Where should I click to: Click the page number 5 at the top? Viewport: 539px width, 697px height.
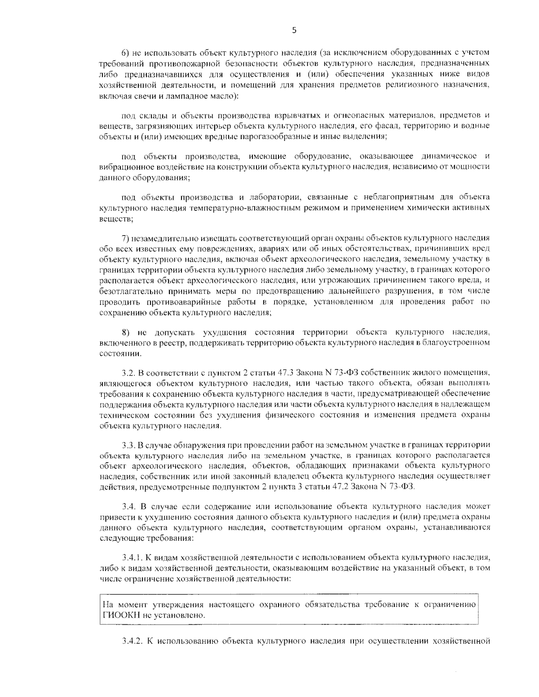click(x=294, y=31)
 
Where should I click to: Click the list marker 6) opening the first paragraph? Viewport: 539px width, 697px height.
click(x=125, y=53)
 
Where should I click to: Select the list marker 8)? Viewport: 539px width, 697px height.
click(x=126, y=333)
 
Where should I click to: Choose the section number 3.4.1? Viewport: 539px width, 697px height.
click(x=132, y=558)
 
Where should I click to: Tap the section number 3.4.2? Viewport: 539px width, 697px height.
click(x=132, y=640)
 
